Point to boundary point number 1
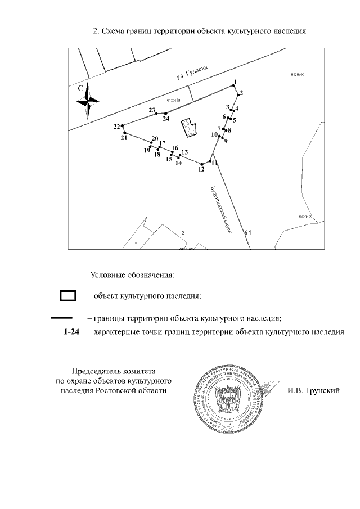pyautogui.click(x=235, y=88)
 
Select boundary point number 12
pyautogui.click(x=202, y=164)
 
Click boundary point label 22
pyautogui.click(x=116, y=127)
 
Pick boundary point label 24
pyautogui.click(x=166, y=119)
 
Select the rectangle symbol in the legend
pyautogui.click(x=68, y=295)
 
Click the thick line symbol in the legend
pyautogui.click(x=61, y=318)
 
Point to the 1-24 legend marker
pyautogui.click(x=71, y=332)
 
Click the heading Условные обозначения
pyautogui.click(x=133, y=275)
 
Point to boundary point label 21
pyautogui.click(x=124, y=138)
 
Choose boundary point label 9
pyautogui.click(x=226, y=141)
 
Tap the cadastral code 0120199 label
pyautogui.click(x=305, y=216)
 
